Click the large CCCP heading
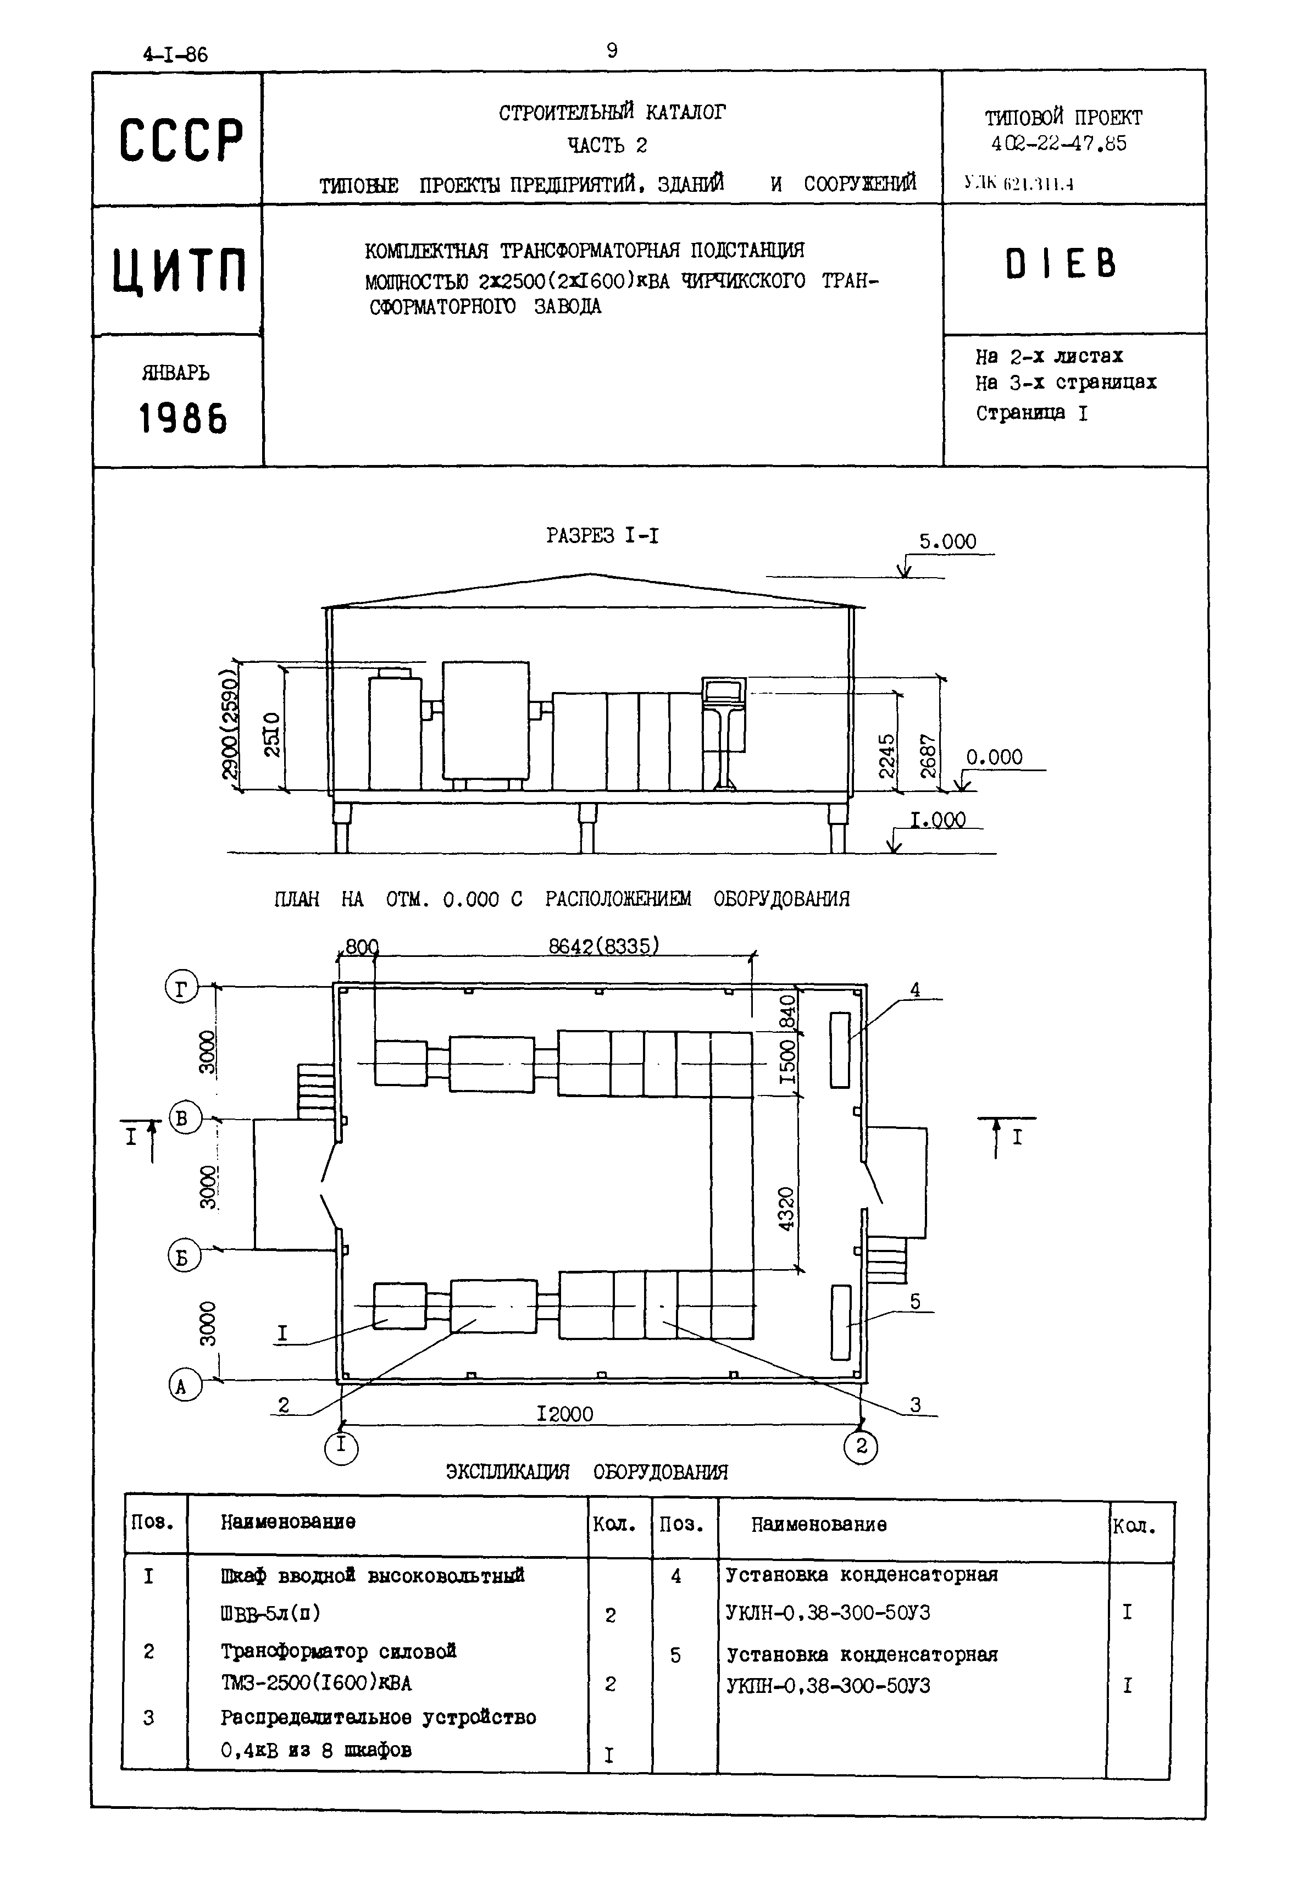pos(181,140)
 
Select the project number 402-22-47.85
pos(1059,144)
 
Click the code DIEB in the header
pos(1061,265)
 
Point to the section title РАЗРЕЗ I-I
pos(603,535)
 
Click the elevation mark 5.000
pos(947,541)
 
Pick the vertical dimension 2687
pos(929,755)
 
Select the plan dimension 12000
pos(565,1414)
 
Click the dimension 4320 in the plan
pos(786,1209)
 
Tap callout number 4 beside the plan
pos(915,990)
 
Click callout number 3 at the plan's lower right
pos(915,1404)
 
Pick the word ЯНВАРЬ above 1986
pos(176,373)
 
